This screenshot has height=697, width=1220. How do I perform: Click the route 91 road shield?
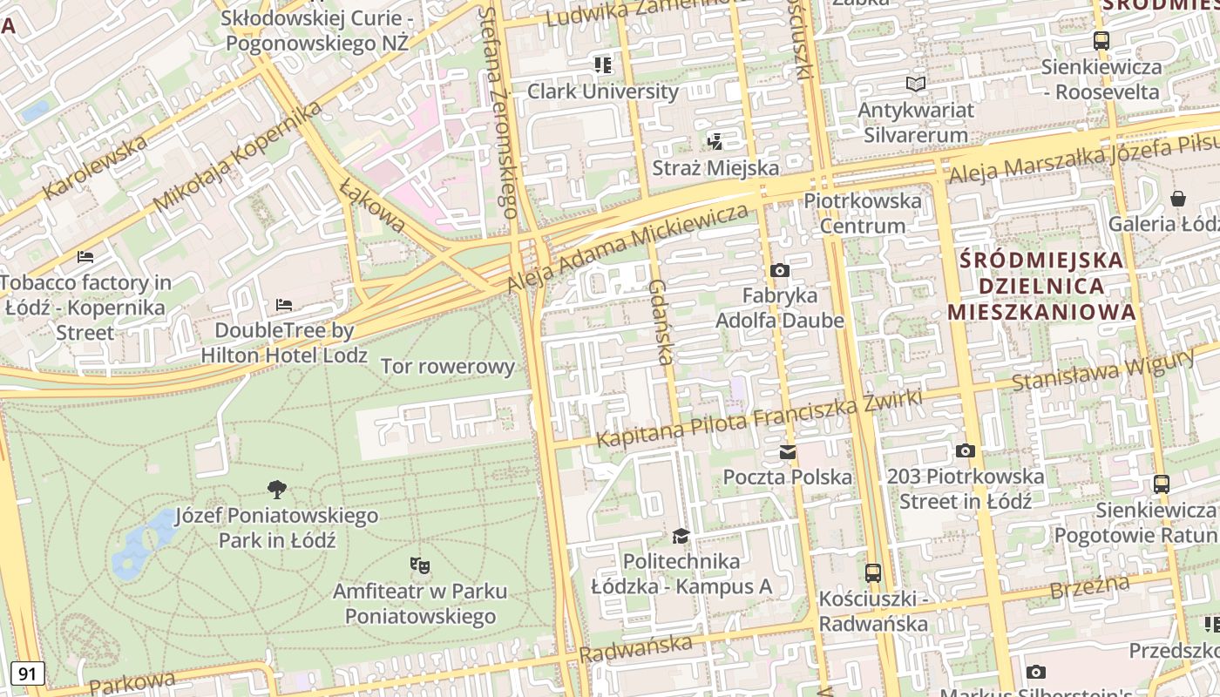28,673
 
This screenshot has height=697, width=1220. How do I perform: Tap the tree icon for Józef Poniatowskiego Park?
277,490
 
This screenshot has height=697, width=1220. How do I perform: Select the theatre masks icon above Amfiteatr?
420,565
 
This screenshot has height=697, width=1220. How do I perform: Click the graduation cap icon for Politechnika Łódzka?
681,535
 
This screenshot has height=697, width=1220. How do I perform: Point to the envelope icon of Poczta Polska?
788,451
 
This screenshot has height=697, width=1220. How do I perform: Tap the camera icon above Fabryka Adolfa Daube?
780,270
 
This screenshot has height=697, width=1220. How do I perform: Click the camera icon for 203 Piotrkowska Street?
965,450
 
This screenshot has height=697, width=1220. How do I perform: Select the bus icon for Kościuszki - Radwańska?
872,572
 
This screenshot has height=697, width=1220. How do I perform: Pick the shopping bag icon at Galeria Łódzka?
1178,199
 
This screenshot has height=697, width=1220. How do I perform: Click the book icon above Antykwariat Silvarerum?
916,85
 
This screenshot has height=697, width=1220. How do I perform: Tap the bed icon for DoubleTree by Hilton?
284,305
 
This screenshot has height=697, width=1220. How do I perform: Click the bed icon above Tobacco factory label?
85,257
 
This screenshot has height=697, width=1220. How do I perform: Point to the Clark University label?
603,91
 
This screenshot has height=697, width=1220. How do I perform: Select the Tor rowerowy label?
448,366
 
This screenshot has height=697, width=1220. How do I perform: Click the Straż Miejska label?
715,167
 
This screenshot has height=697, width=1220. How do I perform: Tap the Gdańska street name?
661,321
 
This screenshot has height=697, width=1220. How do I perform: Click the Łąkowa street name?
373,206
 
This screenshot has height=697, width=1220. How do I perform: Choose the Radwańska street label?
636,648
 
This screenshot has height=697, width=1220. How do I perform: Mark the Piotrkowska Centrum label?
863,213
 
